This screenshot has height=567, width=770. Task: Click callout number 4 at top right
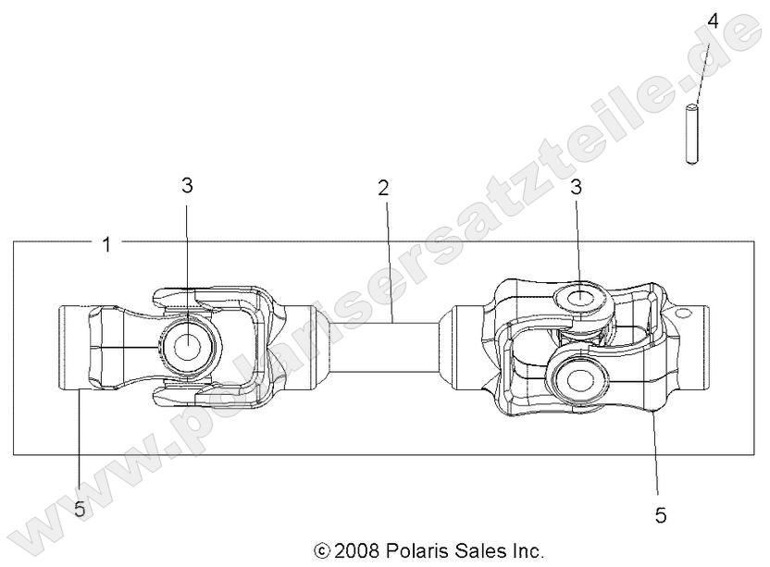[x=713, y=20]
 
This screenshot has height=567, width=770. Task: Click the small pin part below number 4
[x=691, y=136]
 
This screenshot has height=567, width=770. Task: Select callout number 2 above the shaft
[x=383, y=188]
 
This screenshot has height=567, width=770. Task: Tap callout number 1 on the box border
[x=106, y=244]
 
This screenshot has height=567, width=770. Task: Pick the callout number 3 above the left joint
[x=187, y=185]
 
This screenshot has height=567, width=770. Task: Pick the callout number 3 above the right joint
[x=576, y=187]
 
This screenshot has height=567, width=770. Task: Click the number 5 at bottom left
[x=80, y=509]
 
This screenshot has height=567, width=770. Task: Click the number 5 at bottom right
[x=660, y=515]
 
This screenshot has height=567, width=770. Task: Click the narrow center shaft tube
[x=384, y=347]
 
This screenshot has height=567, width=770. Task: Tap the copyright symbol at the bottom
[x=322, y=551]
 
